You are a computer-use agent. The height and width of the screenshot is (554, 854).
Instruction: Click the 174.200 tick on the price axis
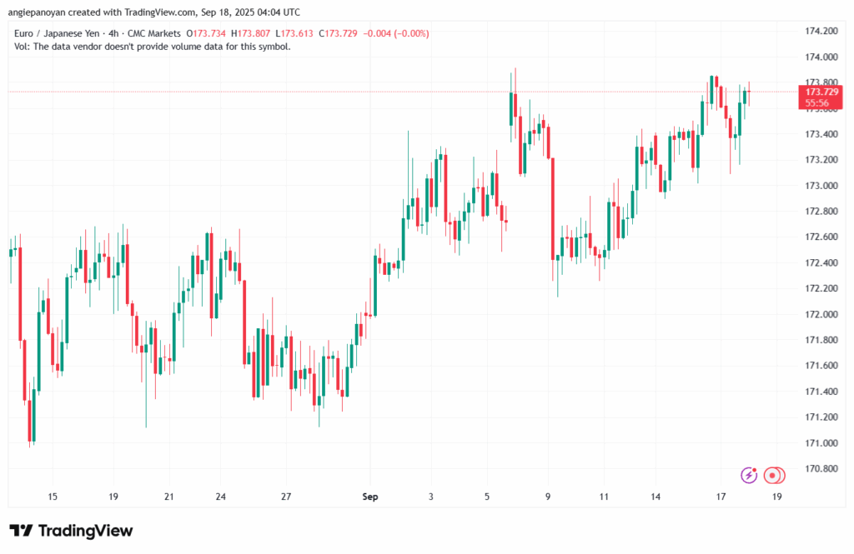pyautogui.click(x=818, y=31)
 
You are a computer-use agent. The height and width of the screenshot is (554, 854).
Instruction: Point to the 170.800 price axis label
pyautogui.click(x=818, y=469)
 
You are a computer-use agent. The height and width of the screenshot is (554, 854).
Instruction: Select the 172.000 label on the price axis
pyautogui.click(x=818, y=314)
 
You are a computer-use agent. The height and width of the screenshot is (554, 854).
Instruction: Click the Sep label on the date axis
pyautogui.click(x=370, y=497)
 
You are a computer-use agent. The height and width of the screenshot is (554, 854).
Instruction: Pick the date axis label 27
pyautogui.click(x=286, y=497)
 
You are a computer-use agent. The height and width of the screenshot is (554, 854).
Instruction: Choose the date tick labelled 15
pyautogui.click(x=53, y=497)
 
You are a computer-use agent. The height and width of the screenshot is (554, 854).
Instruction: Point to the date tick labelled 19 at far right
pyautogui.click(x=777, y=497)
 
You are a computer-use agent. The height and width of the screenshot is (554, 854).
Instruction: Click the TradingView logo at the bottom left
pyautogui.click(x=71, y=531)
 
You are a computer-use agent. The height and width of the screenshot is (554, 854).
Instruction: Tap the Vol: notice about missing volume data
pyautogui.click(x=153, y=47)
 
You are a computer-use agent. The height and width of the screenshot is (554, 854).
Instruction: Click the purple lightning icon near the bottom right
pyautogui.click(x=749, y=475)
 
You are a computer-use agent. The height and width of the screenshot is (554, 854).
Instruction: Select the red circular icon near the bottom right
pyautogui.click(x=774, y=475)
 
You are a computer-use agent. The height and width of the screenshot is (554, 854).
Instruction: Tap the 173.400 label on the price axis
pyautogui.click(x=818, y=134)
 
